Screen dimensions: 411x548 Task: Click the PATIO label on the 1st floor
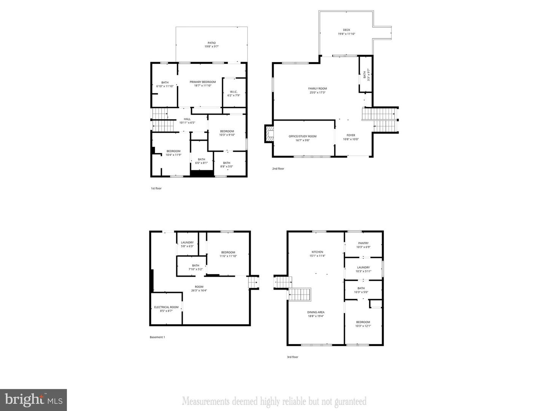[212, 43]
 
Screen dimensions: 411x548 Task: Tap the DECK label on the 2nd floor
[346, 30]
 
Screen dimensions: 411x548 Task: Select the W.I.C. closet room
[234, 93]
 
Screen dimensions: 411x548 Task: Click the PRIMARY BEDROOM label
[203, 82]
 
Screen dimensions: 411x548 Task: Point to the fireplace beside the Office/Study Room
[269, 134]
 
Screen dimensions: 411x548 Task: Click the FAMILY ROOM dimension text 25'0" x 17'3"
[318, 92]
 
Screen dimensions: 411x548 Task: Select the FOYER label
[350, 135]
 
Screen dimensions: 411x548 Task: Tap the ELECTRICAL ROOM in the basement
[166, 309]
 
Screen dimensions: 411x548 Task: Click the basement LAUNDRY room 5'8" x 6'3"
[187, 244]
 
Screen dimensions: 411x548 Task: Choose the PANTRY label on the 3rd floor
[363, 243]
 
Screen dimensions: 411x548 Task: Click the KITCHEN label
[317, 252]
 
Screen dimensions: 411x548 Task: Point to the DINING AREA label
[316, 312]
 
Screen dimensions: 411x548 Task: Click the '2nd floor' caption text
[278, 169]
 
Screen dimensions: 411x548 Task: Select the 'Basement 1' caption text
[157, 337]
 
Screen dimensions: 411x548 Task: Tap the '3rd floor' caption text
[292, 357]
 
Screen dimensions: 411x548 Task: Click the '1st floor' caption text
[156, 188]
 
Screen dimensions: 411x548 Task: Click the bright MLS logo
[33, 400]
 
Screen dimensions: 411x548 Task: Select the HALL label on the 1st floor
[187, 119]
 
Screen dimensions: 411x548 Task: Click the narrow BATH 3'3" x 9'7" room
[365, 74]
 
